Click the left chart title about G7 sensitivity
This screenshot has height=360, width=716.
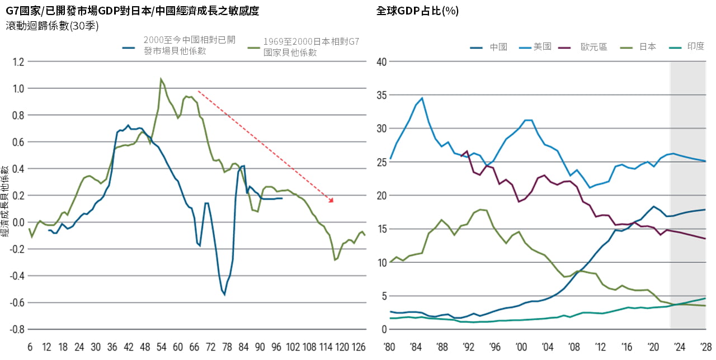click(133, 11)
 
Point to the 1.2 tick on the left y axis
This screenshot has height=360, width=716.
click(18, 61)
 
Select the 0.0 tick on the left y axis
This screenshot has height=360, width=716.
click(18, 222)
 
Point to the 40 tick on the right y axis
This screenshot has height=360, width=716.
click(381, 61)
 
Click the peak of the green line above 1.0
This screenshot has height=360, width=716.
click(161, 79)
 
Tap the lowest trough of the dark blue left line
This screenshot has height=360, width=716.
click(225, 294)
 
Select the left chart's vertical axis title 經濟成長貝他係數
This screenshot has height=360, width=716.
click(6, 201)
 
